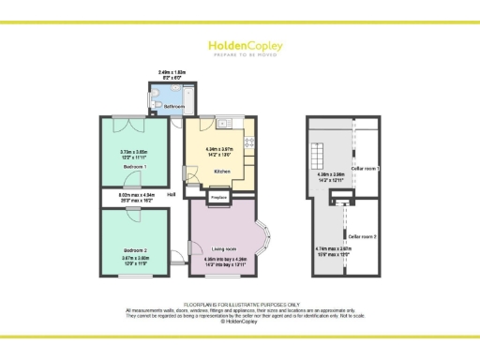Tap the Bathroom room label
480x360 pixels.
[x=174, y=107]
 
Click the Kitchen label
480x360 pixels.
[x=222, y=172]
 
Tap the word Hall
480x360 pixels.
[x=172, y=195]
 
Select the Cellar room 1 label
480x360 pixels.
[x=364, y=168]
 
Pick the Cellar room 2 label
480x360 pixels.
[x=364, y=237]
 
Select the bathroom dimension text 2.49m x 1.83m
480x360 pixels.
[x=172, y=71]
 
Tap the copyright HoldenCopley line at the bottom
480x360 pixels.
[x=240, y=321]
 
